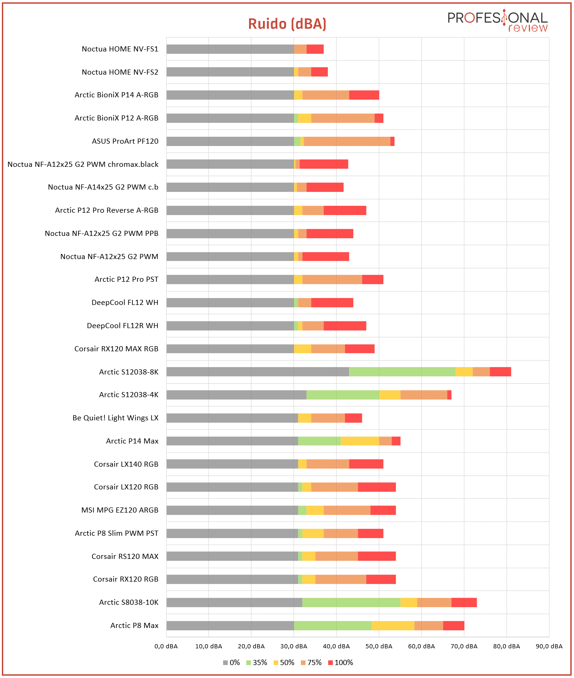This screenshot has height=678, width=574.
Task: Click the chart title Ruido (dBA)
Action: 287,24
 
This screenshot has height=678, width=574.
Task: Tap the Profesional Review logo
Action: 497,21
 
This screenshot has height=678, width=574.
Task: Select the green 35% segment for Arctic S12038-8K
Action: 402,372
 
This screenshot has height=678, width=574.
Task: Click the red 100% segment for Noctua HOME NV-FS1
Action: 315,49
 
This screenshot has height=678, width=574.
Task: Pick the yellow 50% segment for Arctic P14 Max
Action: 360,441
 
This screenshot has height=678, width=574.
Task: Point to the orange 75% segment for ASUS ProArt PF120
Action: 347,141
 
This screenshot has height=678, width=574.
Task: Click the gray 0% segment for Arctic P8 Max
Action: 230,626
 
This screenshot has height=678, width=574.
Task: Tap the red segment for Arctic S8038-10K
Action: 464,602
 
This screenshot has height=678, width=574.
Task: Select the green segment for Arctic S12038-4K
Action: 343,394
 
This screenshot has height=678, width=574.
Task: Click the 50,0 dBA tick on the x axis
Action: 379,646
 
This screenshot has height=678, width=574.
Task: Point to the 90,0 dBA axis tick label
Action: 549,646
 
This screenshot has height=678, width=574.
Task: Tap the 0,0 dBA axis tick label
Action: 166,646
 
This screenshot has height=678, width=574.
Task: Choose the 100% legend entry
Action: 341,662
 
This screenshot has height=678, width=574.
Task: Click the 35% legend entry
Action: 256,662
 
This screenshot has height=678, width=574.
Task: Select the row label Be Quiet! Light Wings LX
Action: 115,418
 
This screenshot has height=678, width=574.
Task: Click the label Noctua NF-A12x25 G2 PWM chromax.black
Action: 83,164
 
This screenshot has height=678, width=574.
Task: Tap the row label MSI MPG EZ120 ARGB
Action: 120,510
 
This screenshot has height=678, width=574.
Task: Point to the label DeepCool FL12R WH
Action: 123,325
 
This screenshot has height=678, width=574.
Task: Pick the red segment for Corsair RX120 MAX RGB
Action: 360,349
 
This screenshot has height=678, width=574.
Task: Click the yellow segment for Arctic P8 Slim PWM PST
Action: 313,533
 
